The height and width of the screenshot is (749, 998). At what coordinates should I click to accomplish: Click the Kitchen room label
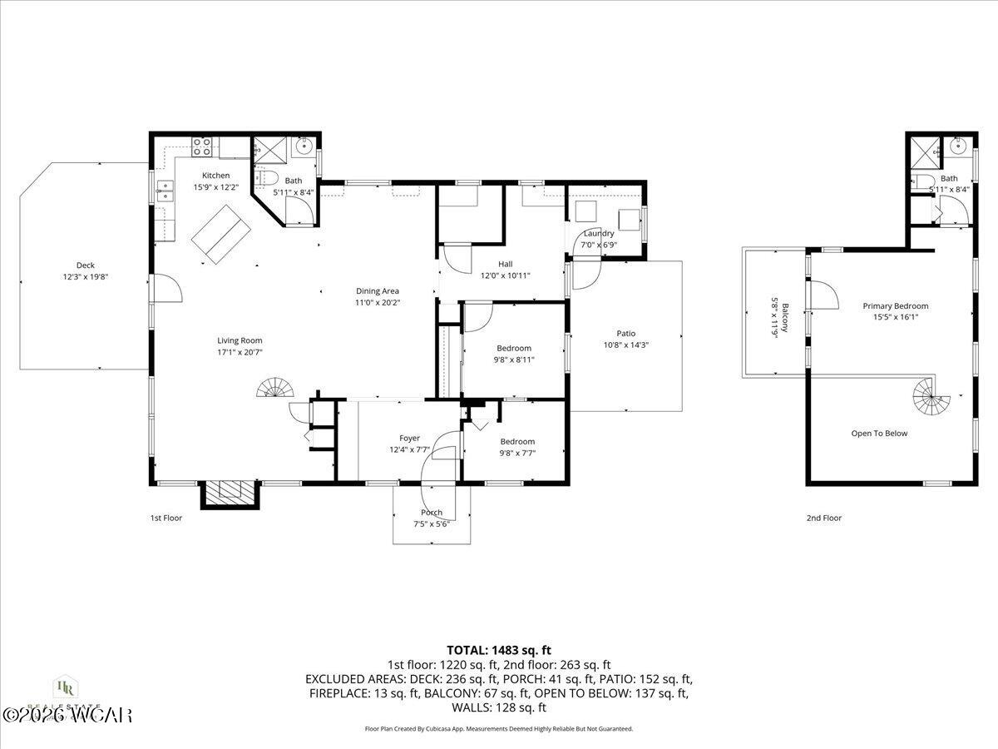[x=215, y=176]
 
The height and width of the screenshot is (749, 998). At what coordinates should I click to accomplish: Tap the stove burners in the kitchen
[x=202, y=147]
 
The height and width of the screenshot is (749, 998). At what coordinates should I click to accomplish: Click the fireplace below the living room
[x=230, y=494]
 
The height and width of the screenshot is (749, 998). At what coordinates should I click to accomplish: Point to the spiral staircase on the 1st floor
[x=275, y=389]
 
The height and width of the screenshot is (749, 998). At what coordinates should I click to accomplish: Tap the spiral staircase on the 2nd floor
[x=931, y=399]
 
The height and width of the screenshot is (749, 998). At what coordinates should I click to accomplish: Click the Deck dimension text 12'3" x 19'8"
[x=85, y=276]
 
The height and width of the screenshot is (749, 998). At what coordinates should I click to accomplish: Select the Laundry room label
[x=599, y=234]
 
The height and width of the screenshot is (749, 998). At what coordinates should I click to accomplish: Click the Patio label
[x=625, y=334]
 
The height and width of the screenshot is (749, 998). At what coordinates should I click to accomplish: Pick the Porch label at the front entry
[x=432, y=513]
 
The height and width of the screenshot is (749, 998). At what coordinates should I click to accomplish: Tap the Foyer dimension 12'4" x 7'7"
[x=409, y=449]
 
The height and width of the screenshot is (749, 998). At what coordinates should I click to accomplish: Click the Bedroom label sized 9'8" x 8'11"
[x=514, y=348]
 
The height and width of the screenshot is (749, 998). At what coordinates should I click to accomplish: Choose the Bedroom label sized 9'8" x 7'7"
[x=517, y=442]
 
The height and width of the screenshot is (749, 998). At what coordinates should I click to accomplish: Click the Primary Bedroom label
[x=895, y=306]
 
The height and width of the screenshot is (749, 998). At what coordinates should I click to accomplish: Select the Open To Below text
[x=879, y=434]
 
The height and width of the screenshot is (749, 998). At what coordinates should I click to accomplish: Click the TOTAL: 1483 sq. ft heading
[x=498, y=650]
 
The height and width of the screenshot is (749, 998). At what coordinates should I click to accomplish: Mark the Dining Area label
[x=378, y=291]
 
